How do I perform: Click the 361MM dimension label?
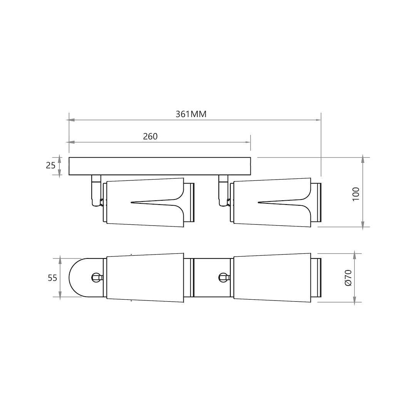tap(191, 114)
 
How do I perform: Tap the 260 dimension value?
tap(150, 136)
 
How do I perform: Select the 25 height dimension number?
tap(51, 166)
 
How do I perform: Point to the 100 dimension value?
tap(356, 194)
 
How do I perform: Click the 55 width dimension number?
tap(52, 278)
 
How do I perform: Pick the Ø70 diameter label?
tap(348, 278)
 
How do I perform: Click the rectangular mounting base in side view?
tap(160, 166)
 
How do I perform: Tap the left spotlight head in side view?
tap(149, 203)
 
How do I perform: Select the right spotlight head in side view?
tap(276, 203)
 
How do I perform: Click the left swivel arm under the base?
tap(96, 190)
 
